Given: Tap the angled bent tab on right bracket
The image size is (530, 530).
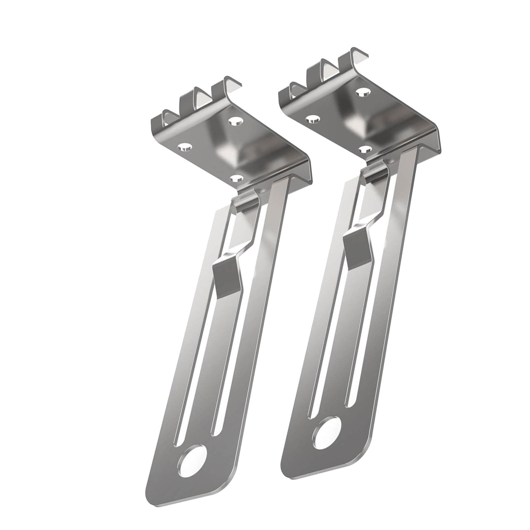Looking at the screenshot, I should [x=359, y=246].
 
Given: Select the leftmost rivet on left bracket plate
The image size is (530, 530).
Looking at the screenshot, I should [x=185, y=147].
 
